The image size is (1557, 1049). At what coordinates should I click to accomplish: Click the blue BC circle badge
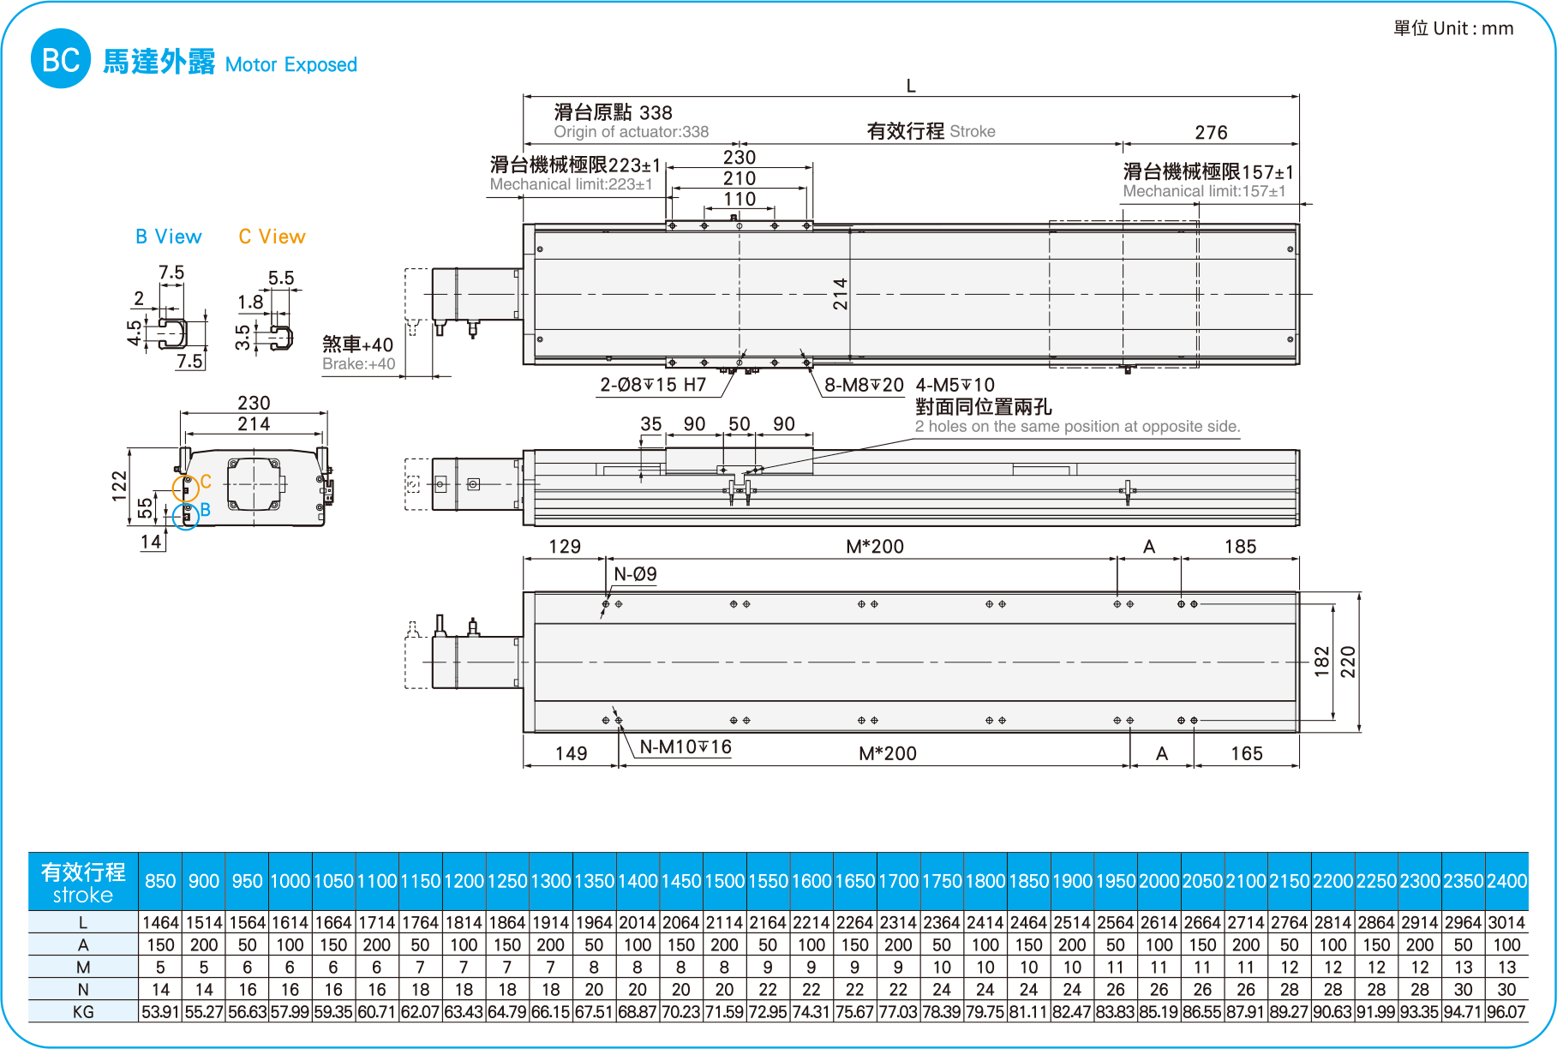coord(60,58)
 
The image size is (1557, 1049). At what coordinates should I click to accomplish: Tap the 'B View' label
coord(168,237)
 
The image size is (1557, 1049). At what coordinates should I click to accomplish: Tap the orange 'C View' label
coord(272,237)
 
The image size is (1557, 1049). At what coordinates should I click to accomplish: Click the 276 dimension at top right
coord(1210,133)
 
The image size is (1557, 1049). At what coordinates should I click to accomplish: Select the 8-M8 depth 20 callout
coord(864,385)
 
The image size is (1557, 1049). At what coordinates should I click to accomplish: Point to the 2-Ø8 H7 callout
coord(653,385)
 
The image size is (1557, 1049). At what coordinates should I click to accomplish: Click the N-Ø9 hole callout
coord(635,574)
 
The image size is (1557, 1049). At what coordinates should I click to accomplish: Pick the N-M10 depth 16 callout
coord(686,747)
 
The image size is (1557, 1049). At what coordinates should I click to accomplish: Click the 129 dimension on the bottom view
coord(564,547)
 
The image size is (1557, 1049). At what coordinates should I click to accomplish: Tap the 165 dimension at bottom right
coord(1246,753)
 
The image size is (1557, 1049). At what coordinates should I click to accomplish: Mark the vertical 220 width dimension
coord(1348,662)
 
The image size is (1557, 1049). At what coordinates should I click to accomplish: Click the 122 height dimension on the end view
coord(119,486)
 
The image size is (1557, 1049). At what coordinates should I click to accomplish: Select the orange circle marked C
coord(185,489)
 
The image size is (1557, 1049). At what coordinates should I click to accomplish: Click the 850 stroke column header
coord(160,881)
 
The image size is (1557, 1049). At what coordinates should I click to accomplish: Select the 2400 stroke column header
coord(1506,881)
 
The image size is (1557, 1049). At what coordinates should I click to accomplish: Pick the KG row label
coord(83,1012)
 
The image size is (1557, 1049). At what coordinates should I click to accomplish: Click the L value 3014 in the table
coord(1506,923)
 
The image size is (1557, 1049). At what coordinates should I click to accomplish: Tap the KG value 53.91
coord(160,1012)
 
